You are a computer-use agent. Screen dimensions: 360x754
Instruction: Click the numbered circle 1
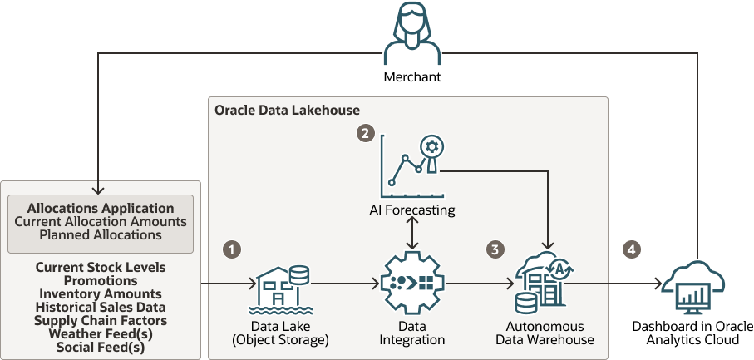(x=233, y=249)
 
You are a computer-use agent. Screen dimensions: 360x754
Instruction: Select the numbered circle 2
(x=364, y=132)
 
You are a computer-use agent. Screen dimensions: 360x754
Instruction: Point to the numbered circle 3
(x=496, y=249)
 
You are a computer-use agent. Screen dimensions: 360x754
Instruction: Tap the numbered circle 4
(x=633, y=249)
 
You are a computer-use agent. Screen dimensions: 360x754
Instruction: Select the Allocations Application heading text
(x=101, y=208)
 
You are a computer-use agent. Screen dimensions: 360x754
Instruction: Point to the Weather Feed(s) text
(x=101, y=333)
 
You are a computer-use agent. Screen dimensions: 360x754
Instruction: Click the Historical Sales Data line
(x=101, y=307)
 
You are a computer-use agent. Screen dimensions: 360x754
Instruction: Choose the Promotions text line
(x=101, y=280)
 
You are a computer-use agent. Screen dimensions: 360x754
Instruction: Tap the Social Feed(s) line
(x=101, y=347)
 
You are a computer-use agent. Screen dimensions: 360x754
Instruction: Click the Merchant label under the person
(x=411, y=77)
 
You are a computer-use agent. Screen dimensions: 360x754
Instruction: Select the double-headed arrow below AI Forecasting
(x=412, y=235)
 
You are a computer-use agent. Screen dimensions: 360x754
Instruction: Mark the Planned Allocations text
(x=101, y=234)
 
